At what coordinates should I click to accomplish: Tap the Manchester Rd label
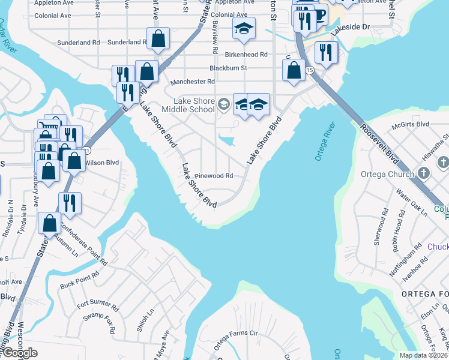[193, 82]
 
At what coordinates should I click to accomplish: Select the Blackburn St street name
[228, 68]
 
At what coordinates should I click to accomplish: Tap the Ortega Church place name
[388, 175]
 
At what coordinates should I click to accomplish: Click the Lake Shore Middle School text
[194, 105]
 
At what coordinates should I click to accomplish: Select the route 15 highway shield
[309, 71]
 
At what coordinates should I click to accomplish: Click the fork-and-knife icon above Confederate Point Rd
[70, 202]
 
